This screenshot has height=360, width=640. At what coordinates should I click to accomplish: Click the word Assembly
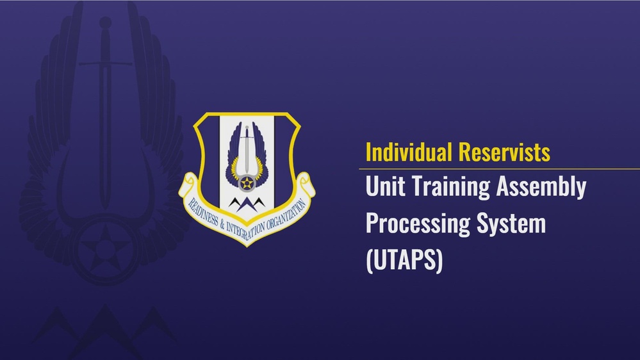(545, 188)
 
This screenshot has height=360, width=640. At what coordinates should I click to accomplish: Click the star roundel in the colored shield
(247, 184)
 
